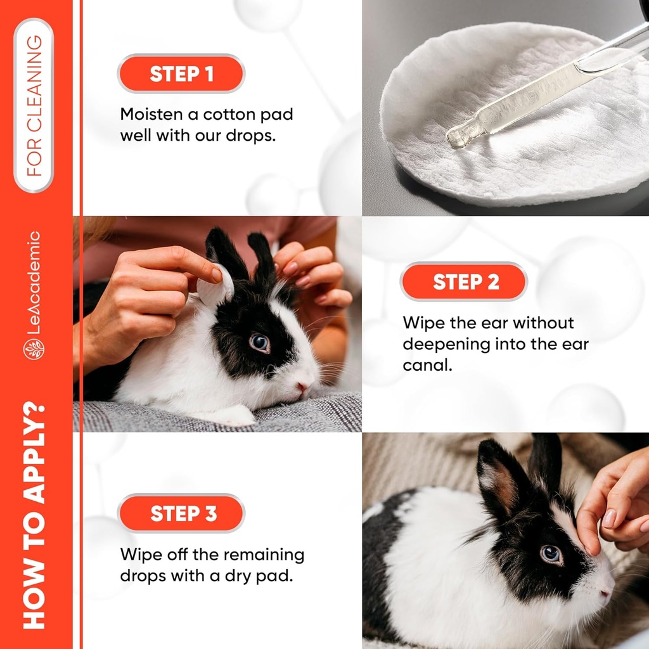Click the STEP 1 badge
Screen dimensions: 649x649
[181, 74]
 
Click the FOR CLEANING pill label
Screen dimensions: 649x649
[34, 105]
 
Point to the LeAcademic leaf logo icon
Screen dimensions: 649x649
[34, 349]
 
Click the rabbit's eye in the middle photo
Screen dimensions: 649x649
[259, 343]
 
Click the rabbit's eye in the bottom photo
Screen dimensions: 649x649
[550, 554]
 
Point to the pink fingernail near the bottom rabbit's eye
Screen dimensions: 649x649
[608, 518]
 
